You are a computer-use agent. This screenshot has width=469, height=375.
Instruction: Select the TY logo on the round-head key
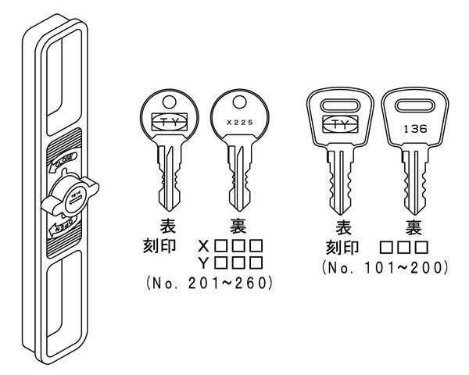[x=169, y=122]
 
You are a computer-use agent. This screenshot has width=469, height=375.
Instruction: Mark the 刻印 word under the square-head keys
[x=341, y=249]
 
